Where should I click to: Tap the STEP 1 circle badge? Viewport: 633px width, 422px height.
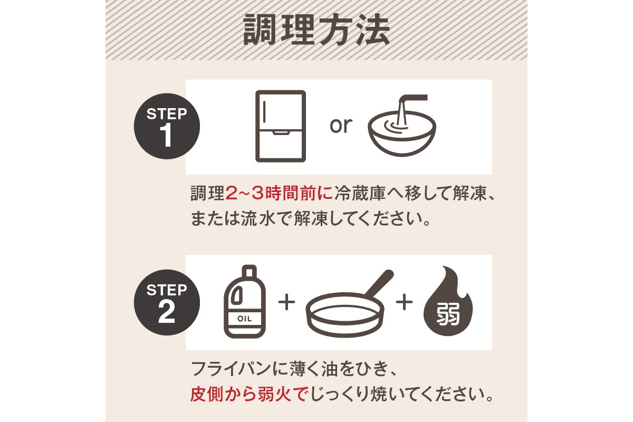[167, 127]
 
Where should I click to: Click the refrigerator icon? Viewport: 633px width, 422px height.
[281, 126]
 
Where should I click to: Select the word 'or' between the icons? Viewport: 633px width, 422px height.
[340, 126]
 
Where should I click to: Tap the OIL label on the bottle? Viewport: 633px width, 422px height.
[245, 319]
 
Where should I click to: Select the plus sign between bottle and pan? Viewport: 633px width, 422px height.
[285, 303]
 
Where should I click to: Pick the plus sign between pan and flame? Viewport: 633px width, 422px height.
[404, 303]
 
